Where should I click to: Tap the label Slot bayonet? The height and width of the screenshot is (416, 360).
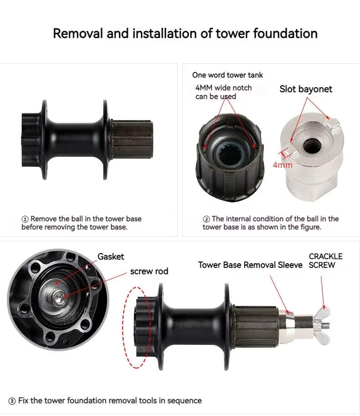tap(306, 89)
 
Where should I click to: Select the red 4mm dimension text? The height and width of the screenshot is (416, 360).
tap(283, 165)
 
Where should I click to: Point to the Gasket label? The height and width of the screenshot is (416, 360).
tap(111, 256)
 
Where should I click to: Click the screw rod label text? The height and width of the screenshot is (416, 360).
tap(149, 271)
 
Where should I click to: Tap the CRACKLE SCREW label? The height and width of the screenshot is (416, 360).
tap(325, 260)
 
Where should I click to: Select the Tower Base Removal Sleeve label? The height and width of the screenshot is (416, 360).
tap(250, 265)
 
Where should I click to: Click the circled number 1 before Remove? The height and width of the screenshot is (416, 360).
tap(25, 219)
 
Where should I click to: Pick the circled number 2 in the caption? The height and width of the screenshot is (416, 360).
tap(206, 219)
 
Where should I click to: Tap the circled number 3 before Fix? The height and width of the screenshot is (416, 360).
tap(12, 401)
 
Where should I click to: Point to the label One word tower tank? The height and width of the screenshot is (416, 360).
tap(227, 75)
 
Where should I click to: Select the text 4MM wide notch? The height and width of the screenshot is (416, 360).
tap(223, 88)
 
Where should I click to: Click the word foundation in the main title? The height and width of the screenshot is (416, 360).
tap(285, 34)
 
